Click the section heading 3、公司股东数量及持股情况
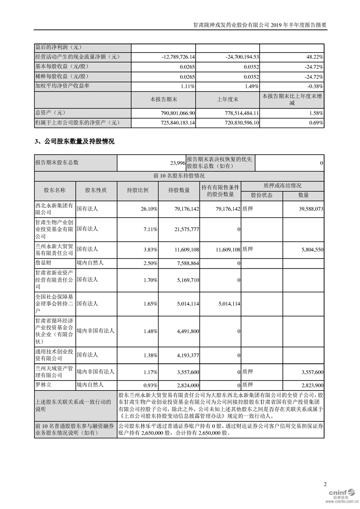click(x=74, y=142)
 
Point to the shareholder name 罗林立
click(x=43, y=385)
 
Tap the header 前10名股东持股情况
click(x=179, y=175)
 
